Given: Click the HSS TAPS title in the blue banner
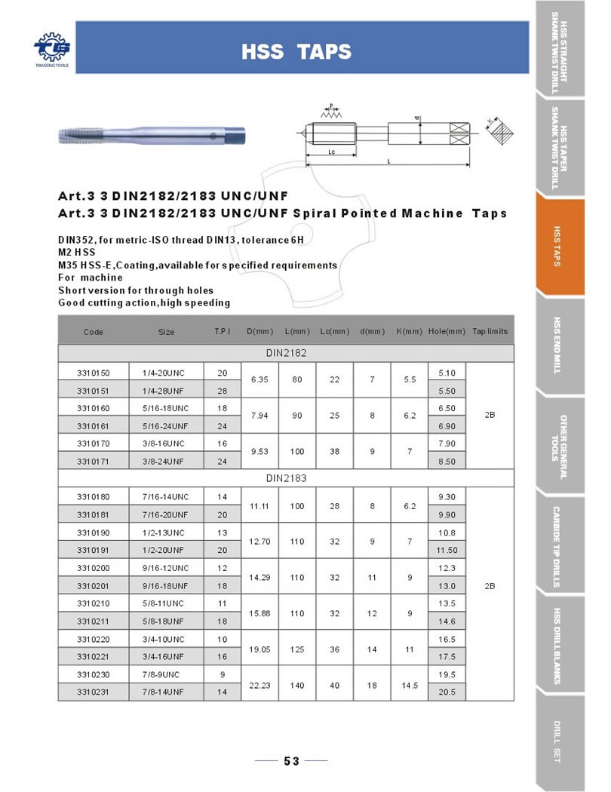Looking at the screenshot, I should click(x=296, y=51).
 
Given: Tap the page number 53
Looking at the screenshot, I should click(x=291, y=761).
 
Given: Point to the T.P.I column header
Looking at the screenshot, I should click(x=222, y=332).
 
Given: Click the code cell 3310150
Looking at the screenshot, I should click(x=94, y=373).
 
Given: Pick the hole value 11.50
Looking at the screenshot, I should click(x=447, y=550).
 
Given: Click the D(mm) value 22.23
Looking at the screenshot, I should click(x=259, y=683).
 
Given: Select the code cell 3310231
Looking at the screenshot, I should click(x=94, y=691).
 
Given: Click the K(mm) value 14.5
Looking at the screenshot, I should click(x=409, y=683).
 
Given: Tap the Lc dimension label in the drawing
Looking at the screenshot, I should click(x=331, y=151).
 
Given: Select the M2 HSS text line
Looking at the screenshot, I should click(x=78, y=252).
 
